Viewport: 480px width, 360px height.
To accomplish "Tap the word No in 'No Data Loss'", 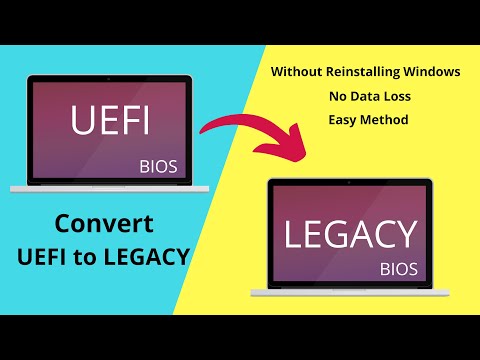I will [x=335, y=97].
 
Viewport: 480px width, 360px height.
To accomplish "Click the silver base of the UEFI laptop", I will [x=109, y=188].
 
